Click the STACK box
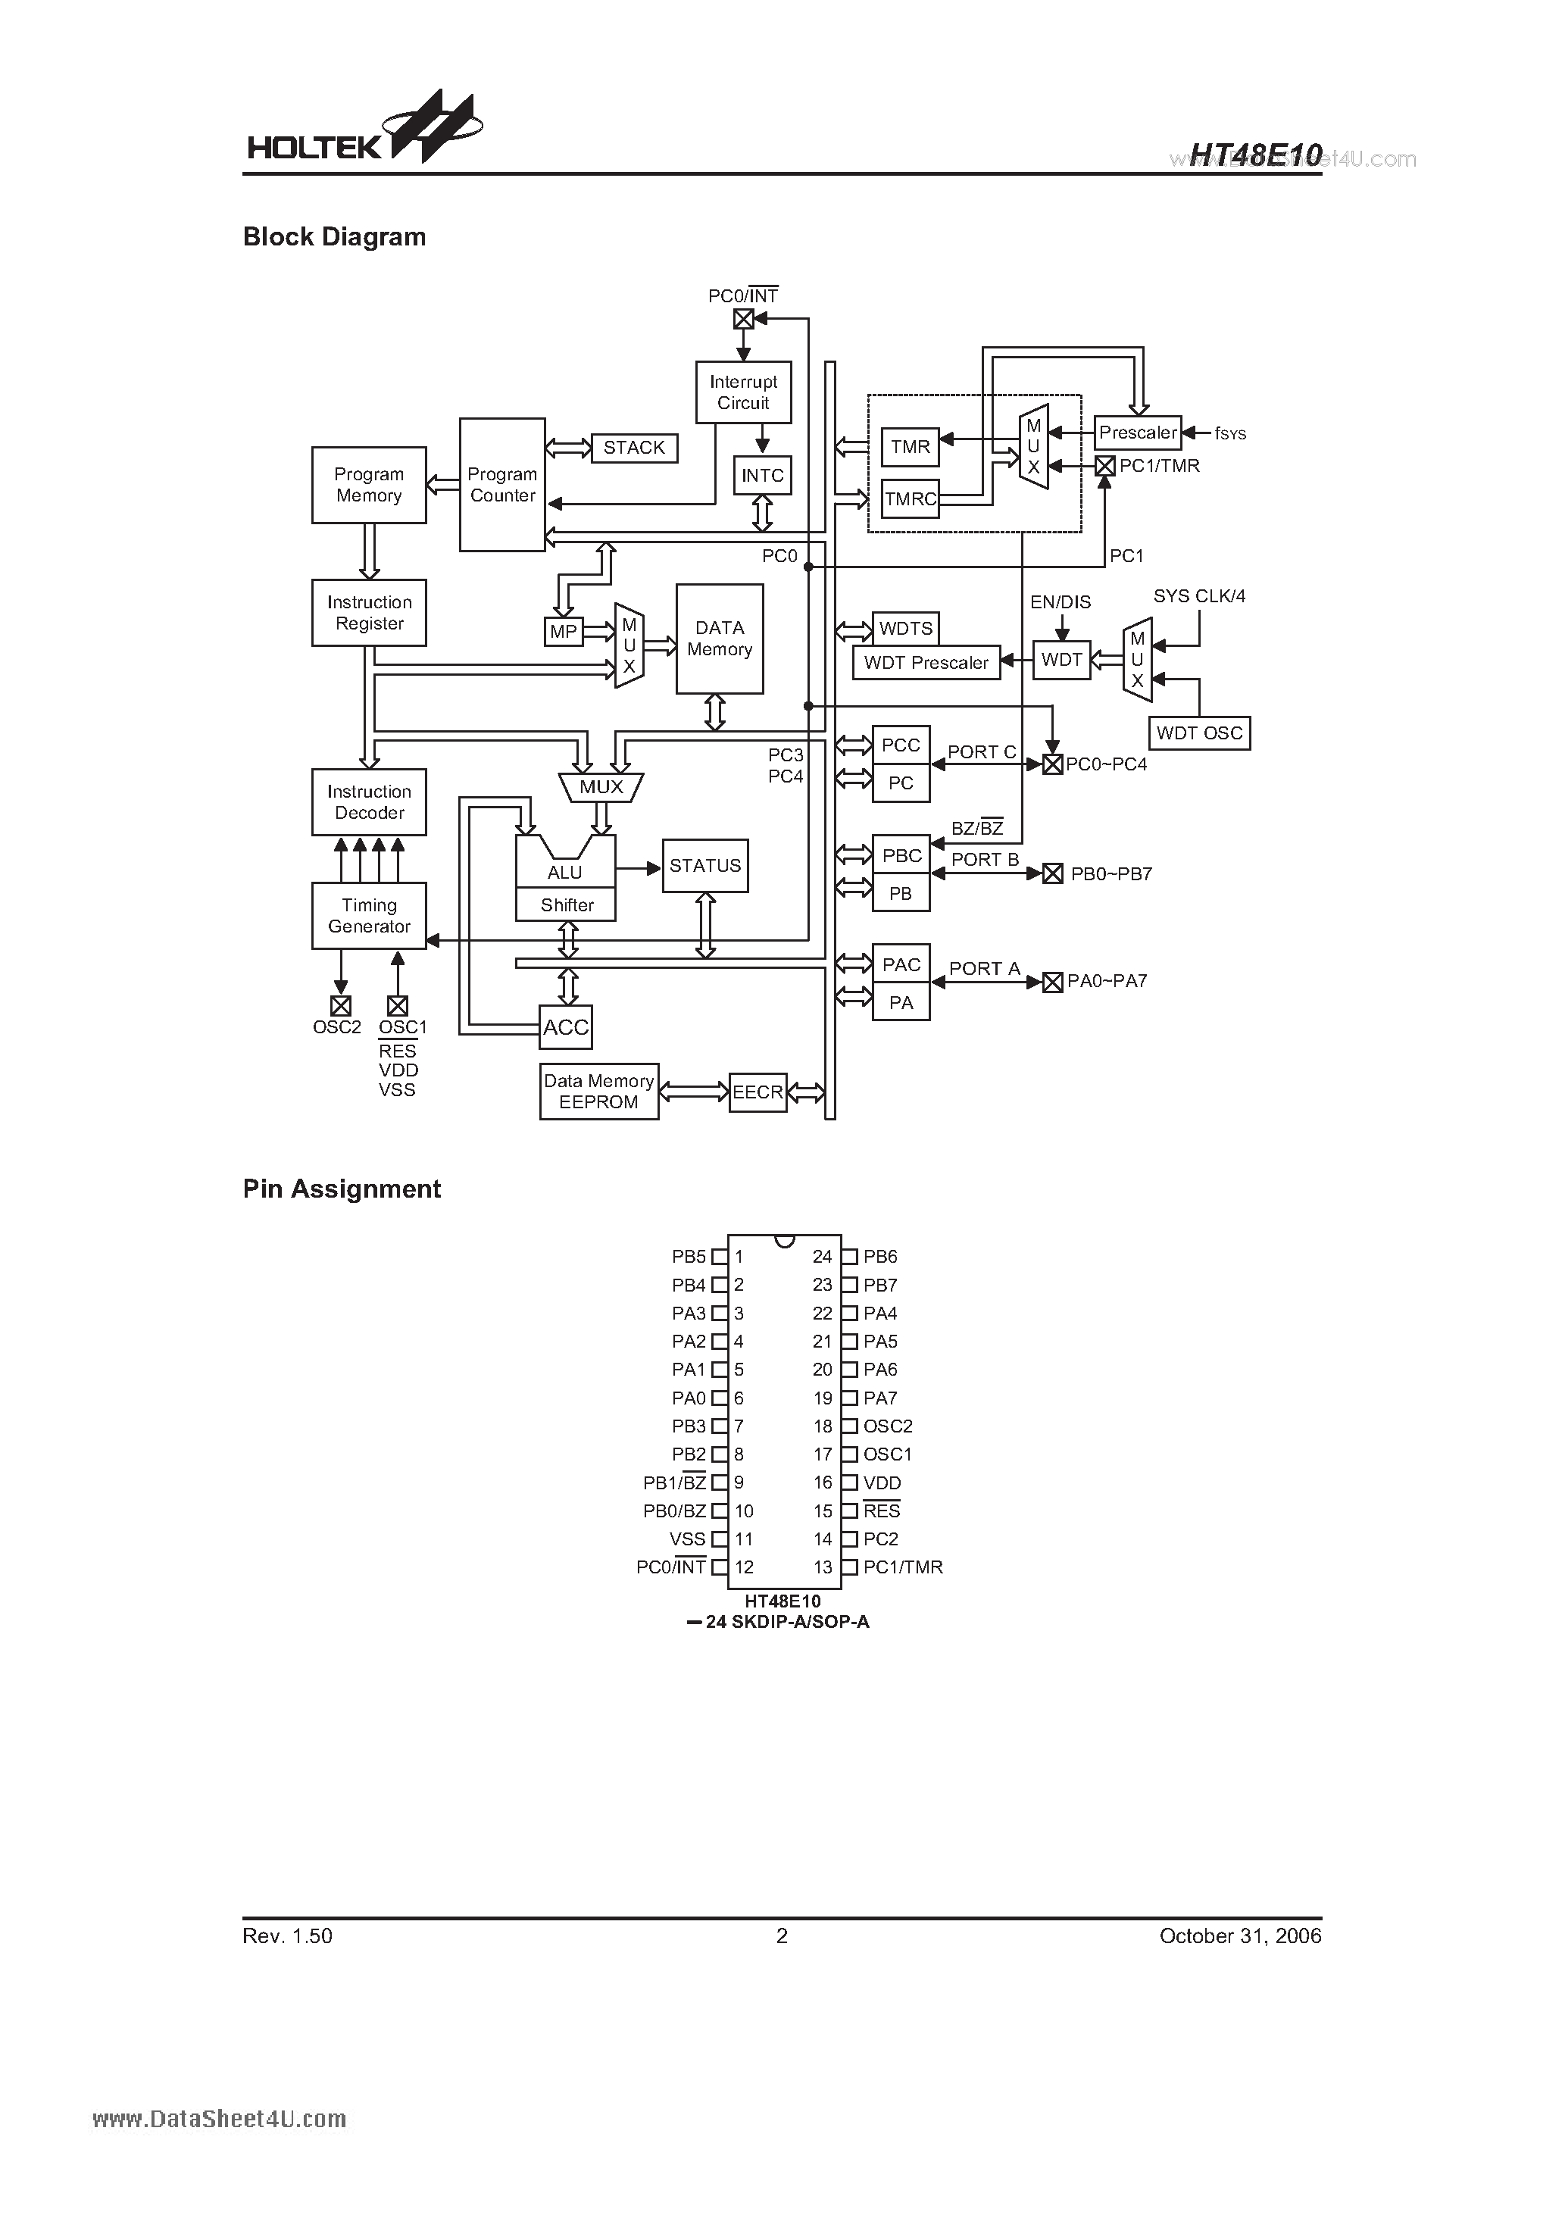click(x=634, y=448)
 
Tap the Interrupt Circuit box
click(x=743, y=392)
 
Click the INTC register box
click(x=762, y=476)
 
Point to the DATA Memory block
click(x=719, y=639)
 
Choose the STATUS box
click(x=704, y=867)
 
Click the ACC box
click(x=565, y=1027)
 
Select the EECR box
click(x=758, y=1092)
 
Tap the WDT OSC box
click(x=1199, y=733)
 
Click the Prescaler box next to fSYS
click(x=1138, y=433)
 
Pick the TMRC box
click(x=910, y=498)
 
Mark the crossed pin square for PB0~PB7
click(x=1053, y=874)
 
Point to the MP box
click(x=564, y=632)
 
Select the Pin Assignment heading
click(x=342, y=1189)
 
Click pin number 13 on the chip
click(x=822, y=1567)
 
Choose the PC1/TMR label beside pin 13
click(x=902, y=1567)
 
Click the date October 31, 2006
click(x=1240, y=1936)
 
